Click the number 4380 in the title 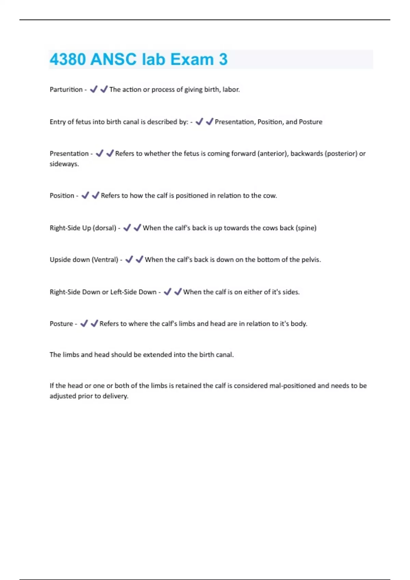click(67, 59)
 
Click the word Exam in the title click(192, 59)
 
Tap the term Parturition click(66, 89)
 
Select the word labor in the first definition click(231, 89)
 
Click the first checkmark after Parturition click(93, 89)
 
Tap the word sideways click(64, 164)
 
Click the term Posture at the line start click(61, 324)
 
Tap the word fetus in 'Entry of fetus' click(83, 122)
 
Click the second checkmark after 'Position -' click(95, 195)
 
